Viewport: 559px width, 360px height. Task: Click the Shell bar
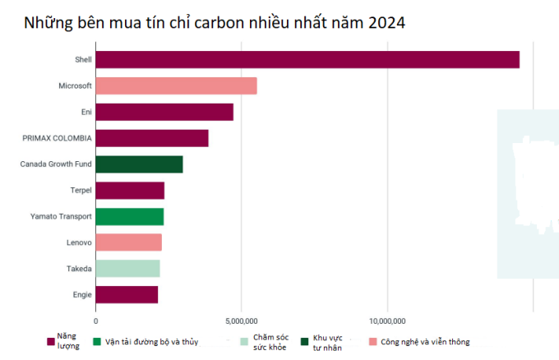[307, 59]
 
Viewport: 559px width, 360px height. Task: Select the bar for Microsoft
[177, 85]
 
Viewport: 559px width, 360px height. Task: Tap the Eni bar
[164, 112]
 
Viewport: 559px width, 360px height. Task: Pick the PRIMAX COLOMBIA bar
[152, 138]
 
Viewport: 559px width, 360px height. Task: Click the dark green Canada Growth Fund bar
[139, 164]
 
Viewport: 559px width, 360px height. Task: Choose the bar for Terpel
[130, 191]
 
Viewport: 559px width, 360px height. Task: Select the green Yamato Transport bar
[130, 217]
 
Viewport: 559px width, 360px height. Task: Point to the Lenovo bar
[129, 242]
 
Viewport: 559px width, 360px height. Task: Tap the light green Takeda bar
[127, 269]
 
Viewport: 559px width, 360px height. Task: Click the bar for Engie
[127, 294]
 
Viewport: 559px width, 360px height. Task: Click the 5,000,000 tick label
[242, 321]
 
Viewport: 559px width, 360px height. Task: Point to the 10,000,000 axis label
[387, 321]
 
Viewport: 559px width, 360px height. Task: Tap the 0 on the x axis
[96, 321]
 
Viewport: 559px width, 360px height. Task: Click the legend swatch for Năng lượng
[49, 342]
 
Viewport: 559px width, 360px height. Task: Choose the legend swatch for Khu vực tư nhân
[305, 342]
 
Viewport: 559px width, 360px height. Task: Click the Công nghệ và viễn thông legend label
[425, 342]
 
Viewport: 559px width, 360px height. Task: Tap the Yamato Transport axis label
[60, 217]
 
